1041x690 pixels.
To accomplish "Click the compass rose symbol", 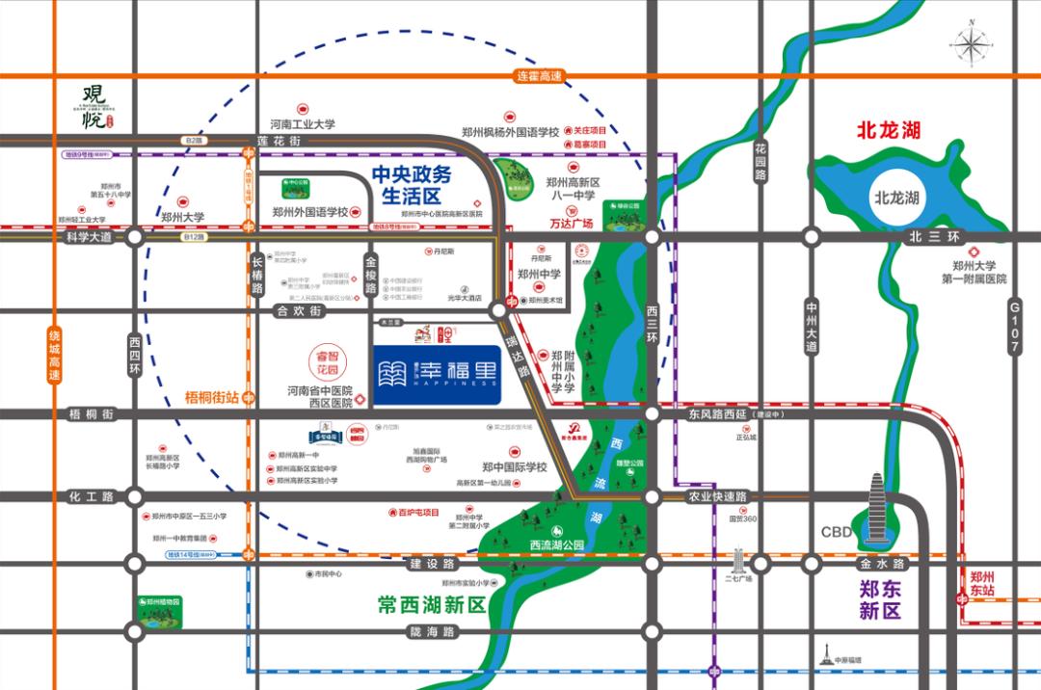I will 972,44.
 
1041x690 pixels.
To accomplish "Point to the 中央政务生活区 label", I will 412,185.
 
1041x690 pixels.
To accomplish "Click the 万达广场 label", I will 571,224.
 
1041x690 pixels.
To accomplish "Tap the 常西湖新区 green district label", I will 431,605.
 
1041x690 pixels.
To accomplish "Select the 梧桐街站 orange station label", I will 212,396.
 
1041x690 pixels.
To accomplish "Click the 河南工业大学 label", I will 302,124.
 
